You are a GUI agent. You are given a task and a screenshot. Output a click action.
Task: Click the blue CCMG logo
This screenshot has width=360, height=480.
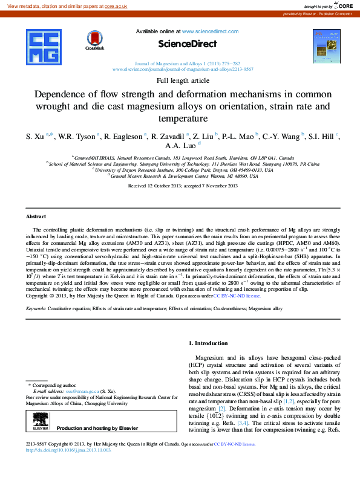(x=45, y=48)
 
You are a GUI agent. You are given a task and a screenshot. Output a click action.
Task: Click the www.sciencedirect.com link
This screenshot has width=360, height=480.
(x=205, y=30)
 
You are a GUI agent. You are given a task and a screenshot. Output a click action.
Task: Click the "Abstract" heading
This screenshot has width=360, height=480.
(x=36, y=216)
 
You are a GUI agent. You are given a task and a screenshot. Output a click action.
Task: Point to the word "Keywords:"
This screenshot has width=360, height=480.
(x=36, y=308)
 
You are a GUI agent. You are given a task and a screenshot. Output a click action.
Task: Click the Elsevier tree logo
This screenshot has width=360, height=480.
(x=40, y=421)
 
